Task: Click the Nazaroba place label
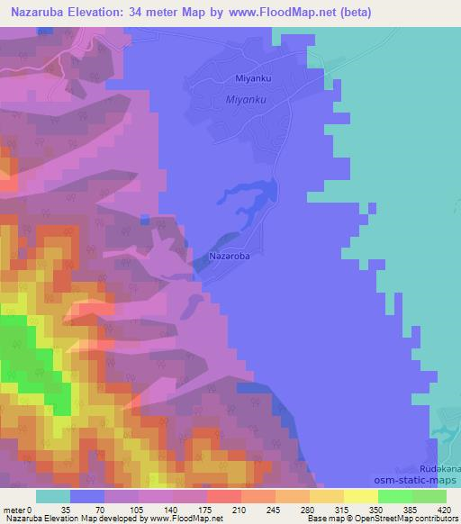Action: click(x=229, y=257)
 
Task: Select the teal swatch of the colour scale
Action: click(x=53, y=496)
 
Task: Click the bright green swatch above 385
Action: click(x=395, y=496)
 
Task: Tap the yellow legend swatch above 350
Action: click(x=361, y=496)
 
